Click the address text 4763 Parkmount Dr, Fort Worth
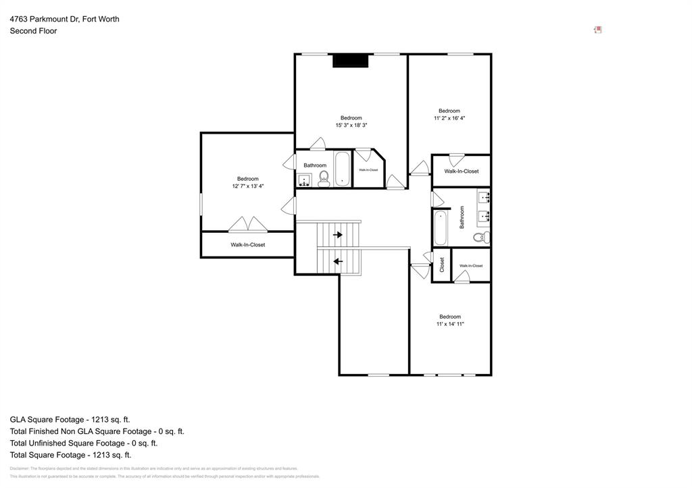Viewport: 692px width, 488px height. click(64, 19)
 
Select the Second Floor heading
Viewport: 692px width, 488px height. click(33, 31)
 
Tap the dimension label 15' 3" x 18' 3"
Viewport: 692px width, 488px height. click(351, 126)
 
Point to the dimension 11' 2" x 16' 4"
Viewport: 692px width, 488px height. click(449, 118)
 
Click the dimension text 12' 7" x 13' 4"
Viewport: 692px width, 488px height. click(247, 186)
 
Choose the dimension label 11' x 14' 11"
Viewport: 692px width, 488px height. click(450, 324)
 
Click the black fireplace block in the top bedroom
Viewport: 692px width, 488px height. click(350, 61)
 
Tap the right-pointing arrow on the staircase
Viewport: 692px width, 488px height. click(338, 235)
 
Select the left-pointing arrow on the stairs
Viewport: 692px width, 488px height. click(338, 261)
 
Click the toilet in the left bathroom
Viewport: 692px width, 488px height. click(324, 178)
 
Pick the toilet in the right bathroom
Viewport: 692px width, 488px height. click(480, 237)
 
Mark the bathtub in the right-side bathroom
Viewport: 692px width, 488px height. click(441, 228)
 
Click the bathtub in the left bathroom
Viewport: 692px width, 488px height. click(343, 169)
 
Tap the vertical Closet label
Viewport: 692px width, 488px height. click(442, 265)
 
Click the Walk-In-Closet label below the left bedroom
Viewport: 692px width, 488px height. click(247, 245)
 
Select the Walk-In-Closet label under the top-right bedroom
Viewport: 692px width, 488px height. click(461, 171)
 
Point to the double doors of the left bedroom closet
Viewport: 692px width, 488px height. click(247, 224)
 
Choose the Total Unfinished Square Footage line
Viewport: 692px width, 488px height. click(83, 443)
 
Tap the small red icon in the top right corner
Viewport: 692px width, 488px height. click(597, 30)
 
